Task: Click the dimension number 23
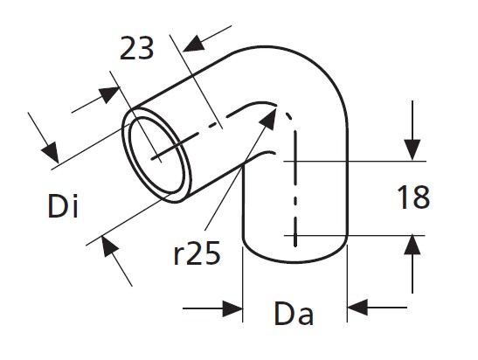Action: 136,48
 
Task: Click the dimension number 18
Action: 413,197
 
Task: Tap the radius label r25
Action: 197,253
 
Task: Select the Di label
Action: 63,205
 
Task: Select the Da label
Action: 294,314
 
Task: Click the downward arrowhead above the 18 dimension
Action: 412,149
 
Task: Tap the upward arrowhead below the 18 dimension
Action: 412,245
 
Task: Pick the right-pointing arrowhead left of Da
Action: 233,308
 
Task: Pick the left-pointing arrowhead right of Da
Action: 357,308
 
